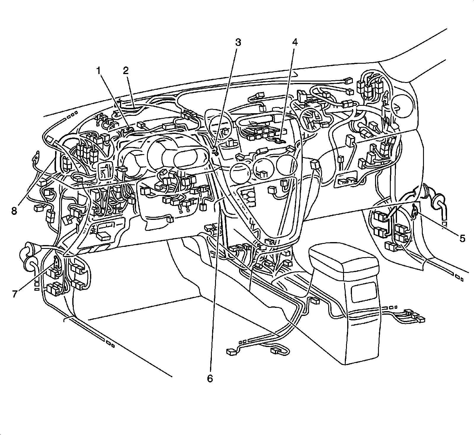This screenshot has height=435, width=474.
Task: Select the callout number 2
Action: click(126, 71)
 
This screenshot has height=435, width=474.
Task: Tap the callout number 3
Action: click(238, 42)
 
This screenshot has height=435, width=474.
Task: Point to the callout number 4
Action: click(294, 42)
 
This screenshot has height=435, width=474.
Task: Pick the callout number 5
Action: click(462, 238)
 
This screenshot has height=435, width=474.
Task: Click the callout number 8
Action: click(14, 211)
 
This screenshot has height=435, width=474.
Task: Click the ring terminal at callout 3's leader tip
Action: click(215, 152)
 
